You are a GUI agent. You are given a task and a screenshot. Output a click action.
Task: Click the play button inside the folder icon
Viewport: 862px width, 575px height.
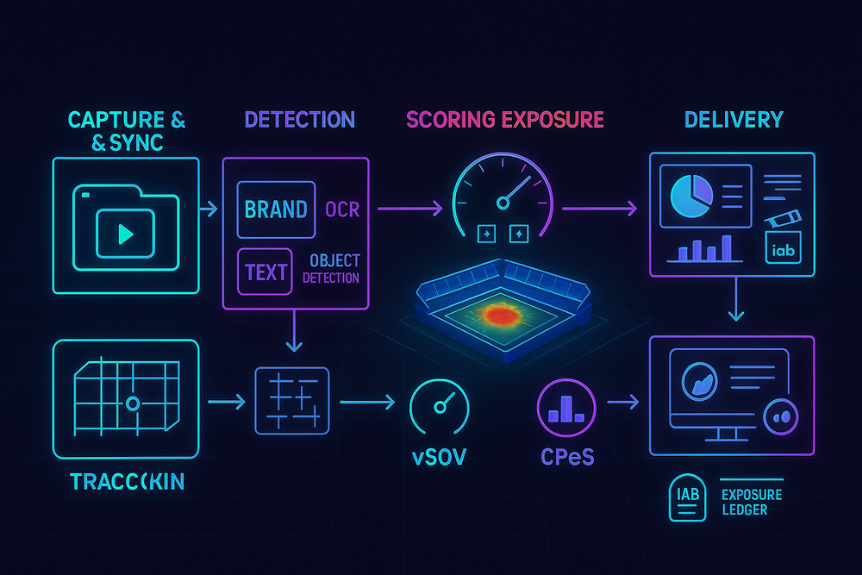click(x=126, y=233)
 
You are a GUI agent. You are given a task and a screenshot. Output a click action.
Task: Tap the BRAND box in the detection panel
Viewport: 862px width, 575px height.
click(x=276, y=209)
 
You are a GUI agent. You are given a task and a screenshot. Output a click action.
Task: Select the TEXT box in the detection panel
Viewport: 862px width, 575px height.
click(x=265, y=272)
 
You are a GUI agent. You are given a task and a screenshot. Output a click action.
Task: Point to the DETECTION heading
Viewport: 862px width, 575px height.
click(x=299, y=120)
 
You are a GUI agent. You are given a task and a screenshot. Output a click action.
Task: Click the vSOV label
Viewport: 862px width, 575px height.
click(x=439, y=456)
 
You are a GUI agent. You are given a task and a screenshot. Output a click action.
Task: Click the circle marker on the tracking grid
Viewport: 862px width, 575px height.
click(x=132, y=403)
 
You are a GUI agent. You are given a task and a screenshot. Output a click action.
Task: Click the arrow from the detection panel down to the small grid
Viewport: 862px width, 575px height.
click(x=295, y=332)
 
